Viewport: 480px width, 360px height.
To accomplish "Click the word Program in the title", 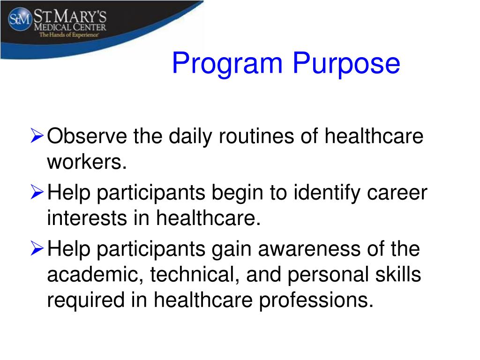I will click(x=227, y=64).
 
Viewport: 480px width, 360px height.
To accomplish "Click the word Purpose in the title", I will click(x=347, y=64).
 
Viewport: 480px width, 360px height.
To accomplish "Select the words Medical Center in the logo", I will click(x=69, y=27).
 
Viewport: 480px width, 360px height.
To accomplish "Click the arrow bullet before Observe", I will click(x=37, y=137).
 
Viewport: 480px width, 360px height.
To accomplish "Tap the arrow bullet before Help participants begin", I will click(x=37, y=193).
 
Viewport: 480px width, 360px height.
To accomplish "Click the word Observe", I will click(x=89, y=137).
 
